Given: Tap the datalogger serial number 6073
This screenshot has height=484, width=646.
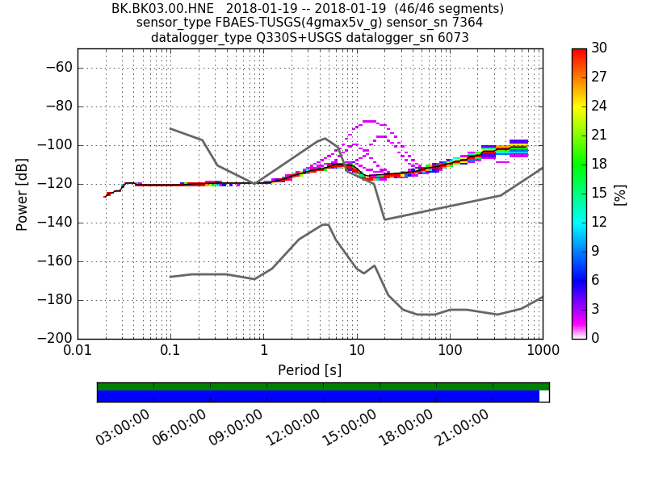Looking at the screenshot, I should click(x=453, y=37).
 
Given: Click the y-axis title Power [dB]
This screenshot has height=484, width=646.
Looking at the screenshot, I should click(x=23, y=194).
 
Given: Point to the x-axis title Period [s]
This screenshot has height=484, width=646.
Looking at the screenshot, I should click(x=309, y=370).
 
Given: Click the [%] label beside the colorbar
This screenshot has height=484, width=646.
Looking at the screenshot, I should click(x=620, y=194).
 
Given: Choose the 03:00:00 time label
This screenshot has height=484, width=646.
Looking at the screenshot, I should click(x=124, y=427).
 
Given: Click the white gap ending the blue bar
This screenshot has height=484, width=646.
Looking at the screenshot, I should click(x=544, y=396).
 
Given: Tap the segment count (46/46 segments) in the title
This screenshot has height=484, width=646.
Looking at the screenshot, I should click(x=440, y=8).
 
